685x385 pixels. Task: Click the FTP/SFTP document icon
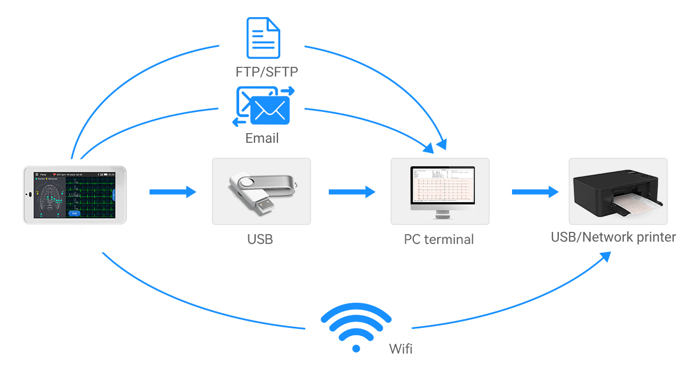pyautogui.click(x=263, y=38)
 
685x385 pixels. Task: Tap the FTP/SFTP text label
pyautogui.click(x=267, y=72)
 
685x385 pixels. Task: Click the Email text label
pyautogui.click(x=262, y=138)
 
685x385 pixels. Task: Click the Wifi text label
pyautogui.click(x=400, y=348)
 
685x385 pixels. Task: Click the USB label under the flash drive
pyautogui.click(x=260, y=239)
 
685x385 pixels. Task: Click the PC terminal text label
pyautogui.click(x=439, y=239)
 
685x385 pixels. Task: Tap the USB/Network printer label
pyautogui.click(x=613, y=237)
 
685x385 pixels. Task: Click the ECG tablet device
pyautogui.click(x=75, y=195)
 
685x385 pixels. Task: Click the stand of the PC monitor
pyautogui.click(x=442, y=214)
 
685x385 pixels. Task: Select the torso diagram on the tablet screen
pyautogui.click(x=50, y=198)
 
